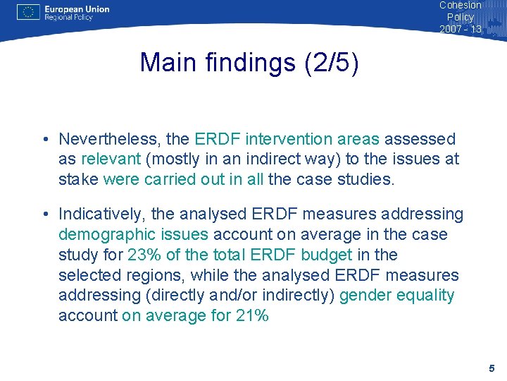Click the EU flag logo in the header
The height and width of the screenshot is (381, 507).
click(27, 12)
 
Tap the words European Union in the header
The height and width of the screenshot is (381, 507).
click(77, 9)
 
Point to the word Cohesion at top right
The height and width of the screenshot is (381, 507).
click(461, 5)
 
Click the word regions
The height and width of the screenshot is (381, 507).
click(148, 275)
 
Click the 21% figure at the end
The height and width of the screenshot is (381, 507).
click(252, 315)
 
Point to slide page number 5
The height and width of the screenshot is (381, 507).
click(492, 368)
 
